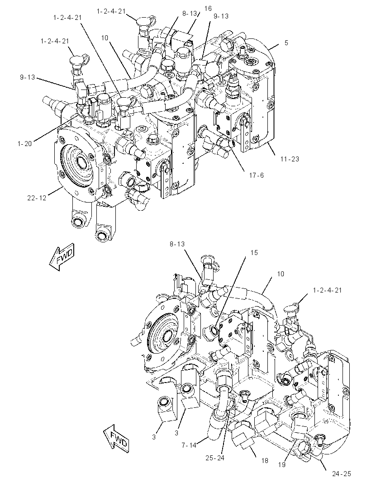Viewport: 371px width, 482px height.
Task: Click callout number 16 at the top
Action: [x=208, y=9]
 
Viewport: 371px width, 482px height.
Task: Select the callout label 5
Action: [x=286, y=43]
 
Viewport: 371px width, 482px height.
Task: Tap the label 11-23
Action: [x=290, y=159]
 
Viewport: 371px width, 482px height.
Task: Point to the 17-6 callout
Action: [x=256, y=175]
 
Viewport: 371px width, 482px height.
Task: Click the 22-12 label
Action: [x=37, y=198]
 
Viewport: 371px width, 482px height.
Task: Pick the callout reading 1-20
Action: [x=24, y=143]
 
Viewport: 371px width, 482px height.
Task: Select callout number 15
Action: [x=254, y=253]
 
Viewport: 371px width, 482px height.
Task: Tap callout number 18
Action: [x=265, y=460]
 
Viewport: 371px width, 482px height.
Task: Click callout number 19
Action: [x=282, y=465]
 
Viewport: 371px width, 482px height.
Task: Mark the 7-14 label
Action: [x=189, y=445]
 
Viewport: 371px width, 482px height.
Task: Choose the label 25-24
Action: [x=215, y=458]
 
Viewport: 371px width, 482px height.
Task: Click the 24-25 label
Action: [x=342, y=474]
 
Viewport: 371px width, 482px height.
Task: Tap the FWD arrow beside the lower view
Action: [x=116, y=438]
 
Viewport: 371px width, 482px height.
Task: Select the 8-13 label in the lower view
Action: [x=177, y=244]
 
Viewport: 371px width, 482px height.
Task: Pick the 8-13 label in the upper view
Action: [x=190, y=14]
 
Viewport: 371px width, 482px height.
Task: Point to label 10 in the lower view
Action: [x=281, y=274]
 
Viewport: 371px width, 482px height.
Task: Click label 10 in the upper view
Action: [x=105, y=38]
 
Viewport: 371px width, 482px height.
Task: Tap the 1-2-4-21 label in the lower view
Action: [x=327, y=290]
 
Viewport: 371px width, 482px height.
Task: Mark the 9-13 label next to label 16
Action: [x=221, y=16]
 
